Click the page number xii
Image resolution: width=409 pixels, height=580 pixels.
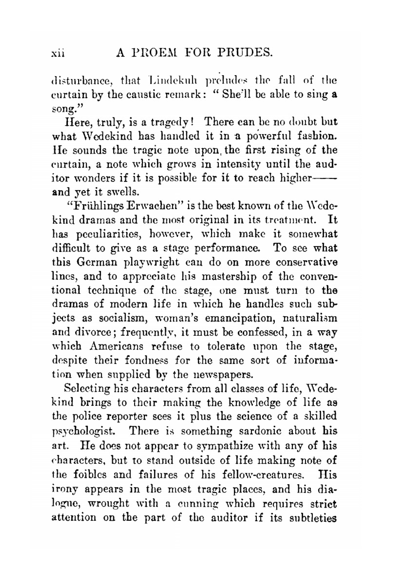point(58,53)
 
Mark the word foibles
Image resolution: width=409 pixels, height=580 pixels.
point(89,474)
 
